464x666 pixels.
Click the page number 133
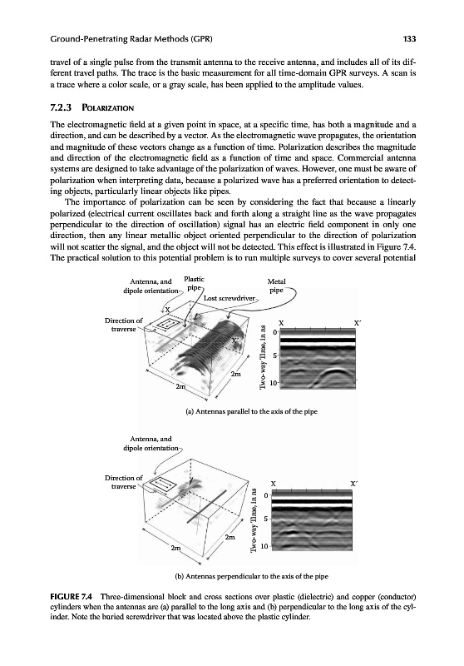pyautogui.click(x=409, y=39)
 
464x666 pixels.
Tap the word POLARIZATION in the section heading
pyautogui.click(x=108, y=108)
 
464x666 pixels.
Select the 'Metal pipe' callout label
pyautogui.click(x=277, y=286)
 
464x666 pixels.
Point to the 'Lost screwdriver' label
pyautogui.click(x=230, y=298)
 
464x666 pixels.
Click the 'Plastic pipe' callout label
pyautogui.click(x=194, y=283)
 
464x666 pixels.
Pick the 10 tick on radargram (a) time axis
pyautogui.click(x=274, y=383)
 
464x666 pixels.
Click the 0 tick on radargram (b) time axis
pyautogui.click(x=265, y=495)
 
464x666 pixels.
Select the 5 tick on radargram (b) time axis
pyautogui.click(x=265, y=519)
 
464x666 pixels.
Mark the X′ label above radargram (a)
pyautogui.click(x=357, y=323)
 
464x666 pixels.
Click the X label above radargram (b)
pyautogui.click(x=274, y=484)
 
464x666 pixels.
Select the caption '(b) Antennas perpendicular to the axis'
pyautogui.click(x=251, y=576)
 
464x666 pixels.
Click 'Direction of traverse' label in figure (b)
pyautogui.click(x=124, y=482)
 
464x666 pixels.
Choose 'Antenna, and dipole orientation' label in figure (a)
pyautogui.click(x=151, y=286)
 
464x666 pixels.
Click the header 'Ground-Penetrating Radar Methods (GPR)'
pyautogui.click(x=131, y=39)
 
